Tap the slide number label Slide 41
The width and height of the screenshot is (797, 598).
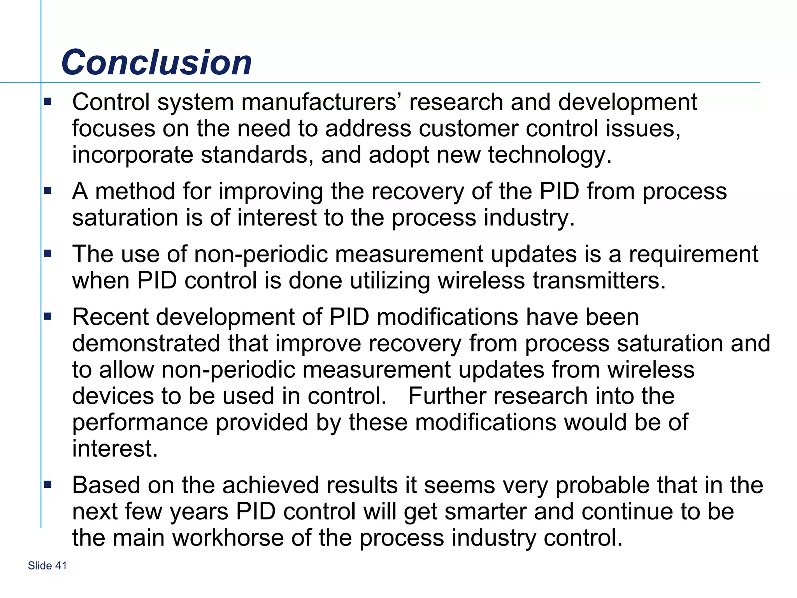47,565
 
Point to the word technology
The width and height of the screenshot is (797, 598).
549,155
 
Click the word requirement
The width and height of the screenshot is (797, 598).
693,255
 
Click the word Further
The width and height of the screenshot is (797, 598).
447,396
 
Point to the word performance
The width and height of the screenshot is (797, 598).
140,423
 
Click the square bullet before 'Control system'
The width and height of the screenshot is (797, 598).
48,102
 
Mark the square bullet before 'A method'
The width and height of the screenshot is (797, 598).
48,191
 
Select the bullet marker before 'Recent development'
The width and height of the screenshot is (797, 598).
48,317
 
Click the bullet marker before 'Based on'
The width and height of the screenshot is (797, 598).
48,485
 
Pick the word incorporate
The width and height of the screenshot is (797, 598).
132,155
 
